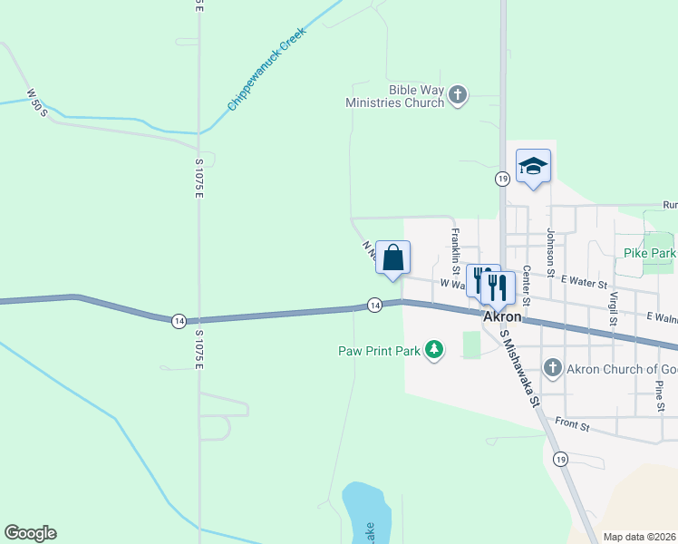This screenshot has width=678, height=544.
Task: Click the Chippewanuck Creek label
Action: click(267, 69)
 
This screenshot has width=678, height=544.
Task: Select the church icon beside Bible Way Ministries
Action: click(459, 94)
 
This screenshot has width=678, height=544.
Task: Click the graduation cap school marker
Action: click(533, 166)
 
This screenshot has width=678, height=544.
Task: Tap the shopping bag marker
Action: click(392, 257)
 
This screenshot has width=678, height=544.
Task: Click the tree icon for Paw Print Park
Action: click(435, 350)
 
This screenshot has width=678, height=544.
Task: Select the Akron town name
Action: click(502, 317)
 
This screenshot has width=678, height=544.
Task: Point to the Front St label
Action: click(572, 423)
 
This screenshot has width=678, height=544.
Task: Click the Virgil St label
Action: click(613, 308)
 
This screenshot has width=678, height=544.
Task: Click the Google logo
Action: click(30, 533)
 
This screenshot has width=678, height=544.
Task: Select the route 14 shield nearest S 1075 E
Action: click(179, 320)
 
